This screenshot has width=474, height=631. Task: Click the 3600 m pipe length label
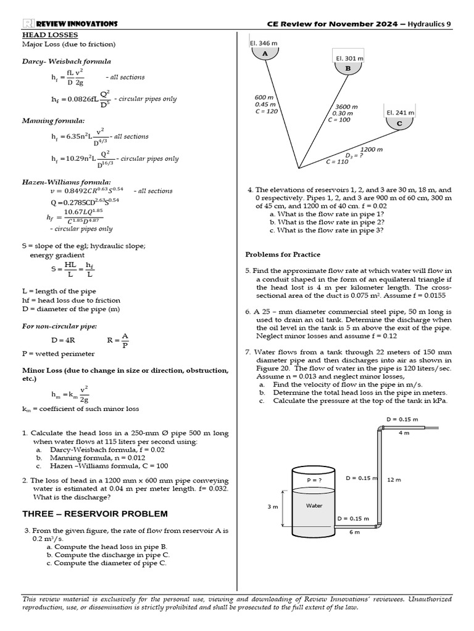point(346,107)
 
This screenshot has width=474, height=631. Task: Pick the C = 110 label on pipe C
point(337,161)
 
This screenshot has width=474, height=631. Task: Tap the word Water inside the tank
point(314,505)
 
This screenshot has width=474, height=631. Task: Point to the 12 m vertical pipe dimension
point(394,479)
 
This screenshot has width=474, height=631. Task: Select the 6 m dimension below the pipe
point(354,532)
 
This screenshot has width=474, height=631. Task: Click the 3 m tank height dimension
point(272,506)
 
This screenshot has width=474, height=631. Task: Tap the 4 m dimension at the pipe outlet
point(404,433)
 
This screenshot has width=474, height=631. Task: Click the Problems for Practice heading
point(283,254)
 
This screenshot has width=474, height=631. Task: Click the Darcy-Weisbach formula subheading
point(67,62)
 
